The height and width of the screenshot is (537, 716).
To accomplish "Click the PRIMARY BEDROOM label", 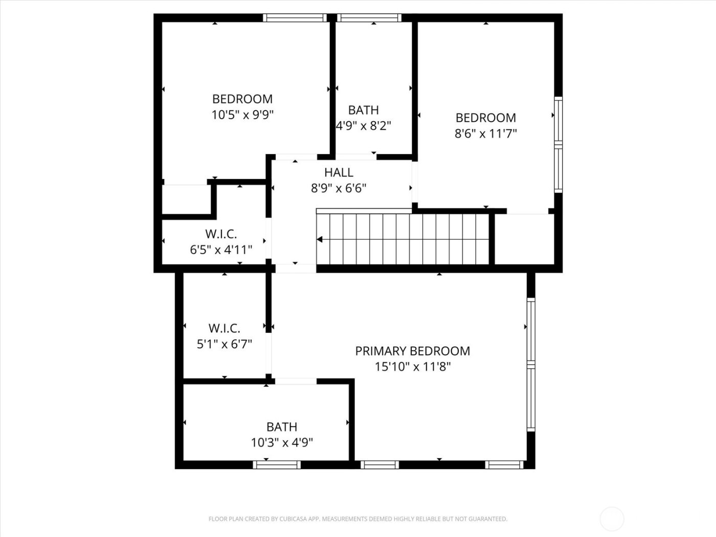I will tap(412, 351).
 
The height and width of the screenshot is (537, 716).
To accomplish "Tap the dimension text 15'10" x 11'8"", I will tap(412, 367).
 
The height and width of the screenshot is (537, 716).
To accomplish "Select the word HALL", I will tap(339, 172).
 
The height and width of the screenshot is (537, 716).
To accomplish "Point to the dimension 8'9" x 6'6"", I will tap(339, 188).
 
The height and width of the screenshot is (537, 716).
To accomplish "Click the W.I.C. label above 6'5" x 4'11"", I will tap(221, 234).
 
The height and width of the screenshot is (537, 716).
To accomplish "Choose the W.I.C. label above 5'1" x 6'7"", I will tap(224, 328).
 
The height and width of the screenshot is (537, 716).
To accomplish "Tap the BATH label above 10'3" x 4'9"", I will tap(281, 427).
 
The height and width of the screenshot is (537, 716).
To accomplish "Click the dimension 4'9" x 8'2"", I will tap(364, 126).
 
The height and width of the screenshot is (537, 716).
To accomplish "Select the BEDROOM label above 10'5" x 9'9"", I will tap(242, 99).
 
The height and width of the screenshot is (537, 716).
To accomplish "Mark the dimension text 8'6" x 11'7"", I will tap(485, 133).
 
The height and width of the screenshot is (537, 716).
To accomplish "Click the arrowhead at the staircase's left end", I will tap(320, 239).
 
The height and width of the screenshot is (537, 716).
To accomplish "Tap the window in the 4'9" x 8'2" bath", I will tap(370, 18).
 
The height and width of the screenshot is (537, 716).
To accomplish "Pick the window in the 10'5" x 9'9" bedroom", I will tap(295, 18).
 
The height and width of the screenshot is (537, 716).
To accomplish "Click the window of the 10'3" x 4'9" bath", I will tap(277, 464).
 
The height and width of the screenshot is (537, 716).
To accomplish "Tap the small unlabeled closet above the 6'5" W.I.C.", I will tap(186, 199).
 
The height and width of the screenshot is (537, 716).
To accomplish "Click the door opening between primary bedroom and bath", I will tap(296, 381).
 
